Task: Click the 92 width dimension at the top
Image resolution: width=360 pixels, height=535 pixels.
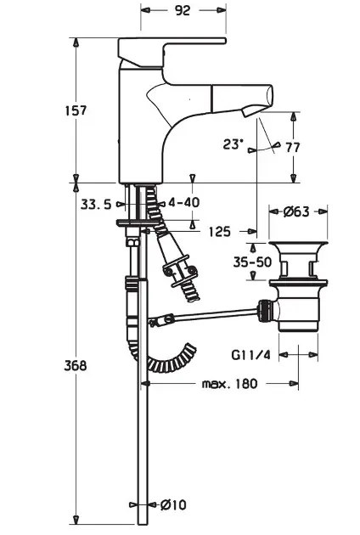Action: [183, 10]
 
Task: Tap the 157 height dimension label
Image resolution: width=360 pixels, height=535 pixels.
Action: [76, 110]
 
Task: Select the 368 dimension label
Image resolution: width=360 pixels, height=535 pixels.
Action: [76, 365]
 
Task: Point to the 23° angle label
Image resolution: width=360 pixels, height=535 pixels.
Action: [233, 144]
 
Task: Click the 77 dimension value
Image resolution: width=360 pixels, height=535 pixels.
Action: [293, 148]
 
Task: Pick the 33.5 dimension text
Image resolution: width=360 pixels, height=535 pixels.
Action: [96, 205]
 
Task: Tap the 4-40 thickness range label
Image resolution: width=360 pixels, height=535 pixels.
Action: [184, 202]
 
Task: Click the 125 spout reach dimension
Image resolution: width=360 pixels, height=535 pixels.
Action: [219, 232]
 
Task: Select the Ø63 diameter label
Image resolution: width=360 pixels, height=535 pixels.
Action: [296, 212]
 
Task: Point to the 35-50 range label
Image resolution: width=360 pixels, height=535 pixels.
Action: [252, 262]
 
